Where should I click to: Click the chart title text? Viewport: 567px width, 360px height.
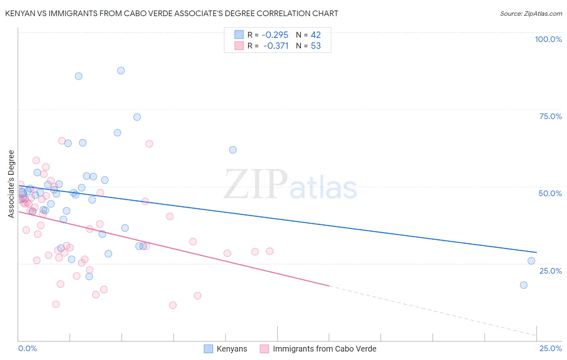point(172,13)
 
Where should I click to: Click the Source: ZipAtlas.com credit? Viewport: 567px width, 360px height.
point(531,13)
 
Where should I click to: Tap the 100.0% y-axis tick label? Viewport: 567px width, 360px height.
point(548,39)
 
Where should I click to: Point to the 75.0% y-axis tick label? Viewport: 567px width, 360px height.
point(550,116)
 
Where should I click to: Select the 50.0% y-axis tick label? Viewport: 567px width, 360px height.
point(550,193)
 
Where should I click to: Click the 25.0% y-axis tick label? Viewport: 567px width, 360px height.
point(550,271)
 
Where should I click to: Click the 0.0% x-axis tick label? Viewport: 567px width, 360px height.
point(27,348)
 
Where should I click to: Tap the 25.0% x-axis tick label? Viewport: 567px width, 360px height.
point(550,348)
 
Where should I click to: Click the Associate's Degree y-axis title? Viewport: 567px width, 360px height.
point(11,184)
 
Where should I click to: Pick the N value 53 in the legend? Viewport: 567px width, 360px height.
point(316,46)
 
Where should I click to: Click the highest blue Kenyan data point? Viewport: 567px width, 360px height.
point(121,71)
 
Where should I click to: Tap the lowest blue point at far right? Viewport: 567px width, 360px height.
point(523,285)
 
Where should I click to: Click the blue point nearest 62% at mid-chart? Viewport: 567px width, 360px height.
point(233,150)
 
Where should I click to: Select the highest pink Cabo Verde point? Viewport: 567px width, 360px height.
point(62,141)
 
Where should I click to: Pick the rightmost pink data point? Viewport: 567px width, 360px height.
point(269,251)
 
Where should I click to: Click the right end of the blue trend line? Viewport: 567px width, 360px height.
point(536,252)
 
